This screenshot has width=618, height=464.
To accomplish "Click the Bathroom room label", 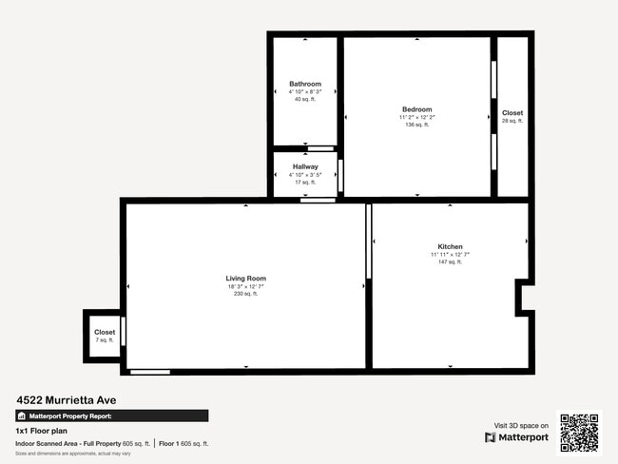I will pos(305,84).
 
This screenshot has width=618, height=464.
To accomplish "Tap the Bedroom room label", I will pos(416,109).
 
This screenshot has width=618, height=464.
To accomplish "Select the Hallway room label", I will pos(305,166).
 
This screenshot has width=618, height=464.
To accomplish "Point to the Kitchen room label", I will pos(450,246).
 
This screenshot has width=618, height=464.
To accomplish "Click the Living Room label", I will pos(246,279).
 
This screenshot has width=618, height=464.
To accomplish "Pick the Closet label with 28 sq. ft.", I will pos(512,113).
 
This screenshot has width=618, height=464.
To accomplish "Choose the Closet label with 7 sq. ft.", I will pos(105,333).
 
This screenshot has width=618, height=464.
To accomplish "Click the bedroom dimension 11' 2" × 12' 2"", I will pos(416,117).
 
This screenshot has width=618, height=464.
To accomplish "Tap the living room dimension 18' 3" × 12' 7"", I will pos(246,286).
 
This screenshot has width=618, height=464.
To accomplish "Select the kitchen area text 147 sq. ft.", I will pos(450,261).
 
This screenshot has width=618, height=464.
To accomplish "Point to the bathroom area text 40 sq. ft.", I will pos(305,99).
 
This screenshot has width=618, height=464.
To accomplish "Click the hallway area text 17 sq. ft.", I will pos(305,182).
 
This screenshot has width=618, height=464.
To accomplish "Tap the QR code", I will pos(579,433).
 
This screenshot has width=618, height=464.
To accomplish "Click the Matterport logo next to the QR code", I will pos(517,437).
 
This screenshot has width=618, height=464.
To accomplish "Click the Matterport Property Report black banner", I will pos(112,416).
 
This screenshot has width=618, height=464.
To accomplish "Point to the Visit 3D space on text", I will pos(522,425).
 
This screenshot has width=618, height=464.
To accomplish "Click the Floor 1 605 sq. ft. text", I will pos(183,444).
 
